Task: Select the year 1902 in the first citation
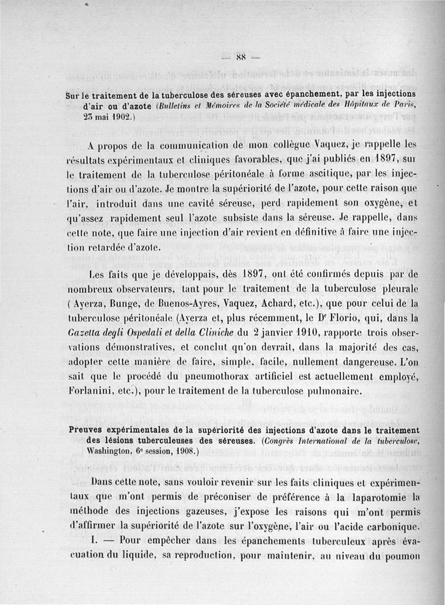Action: [110, 118]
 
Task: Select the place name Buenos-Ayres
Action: [189, 304]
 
